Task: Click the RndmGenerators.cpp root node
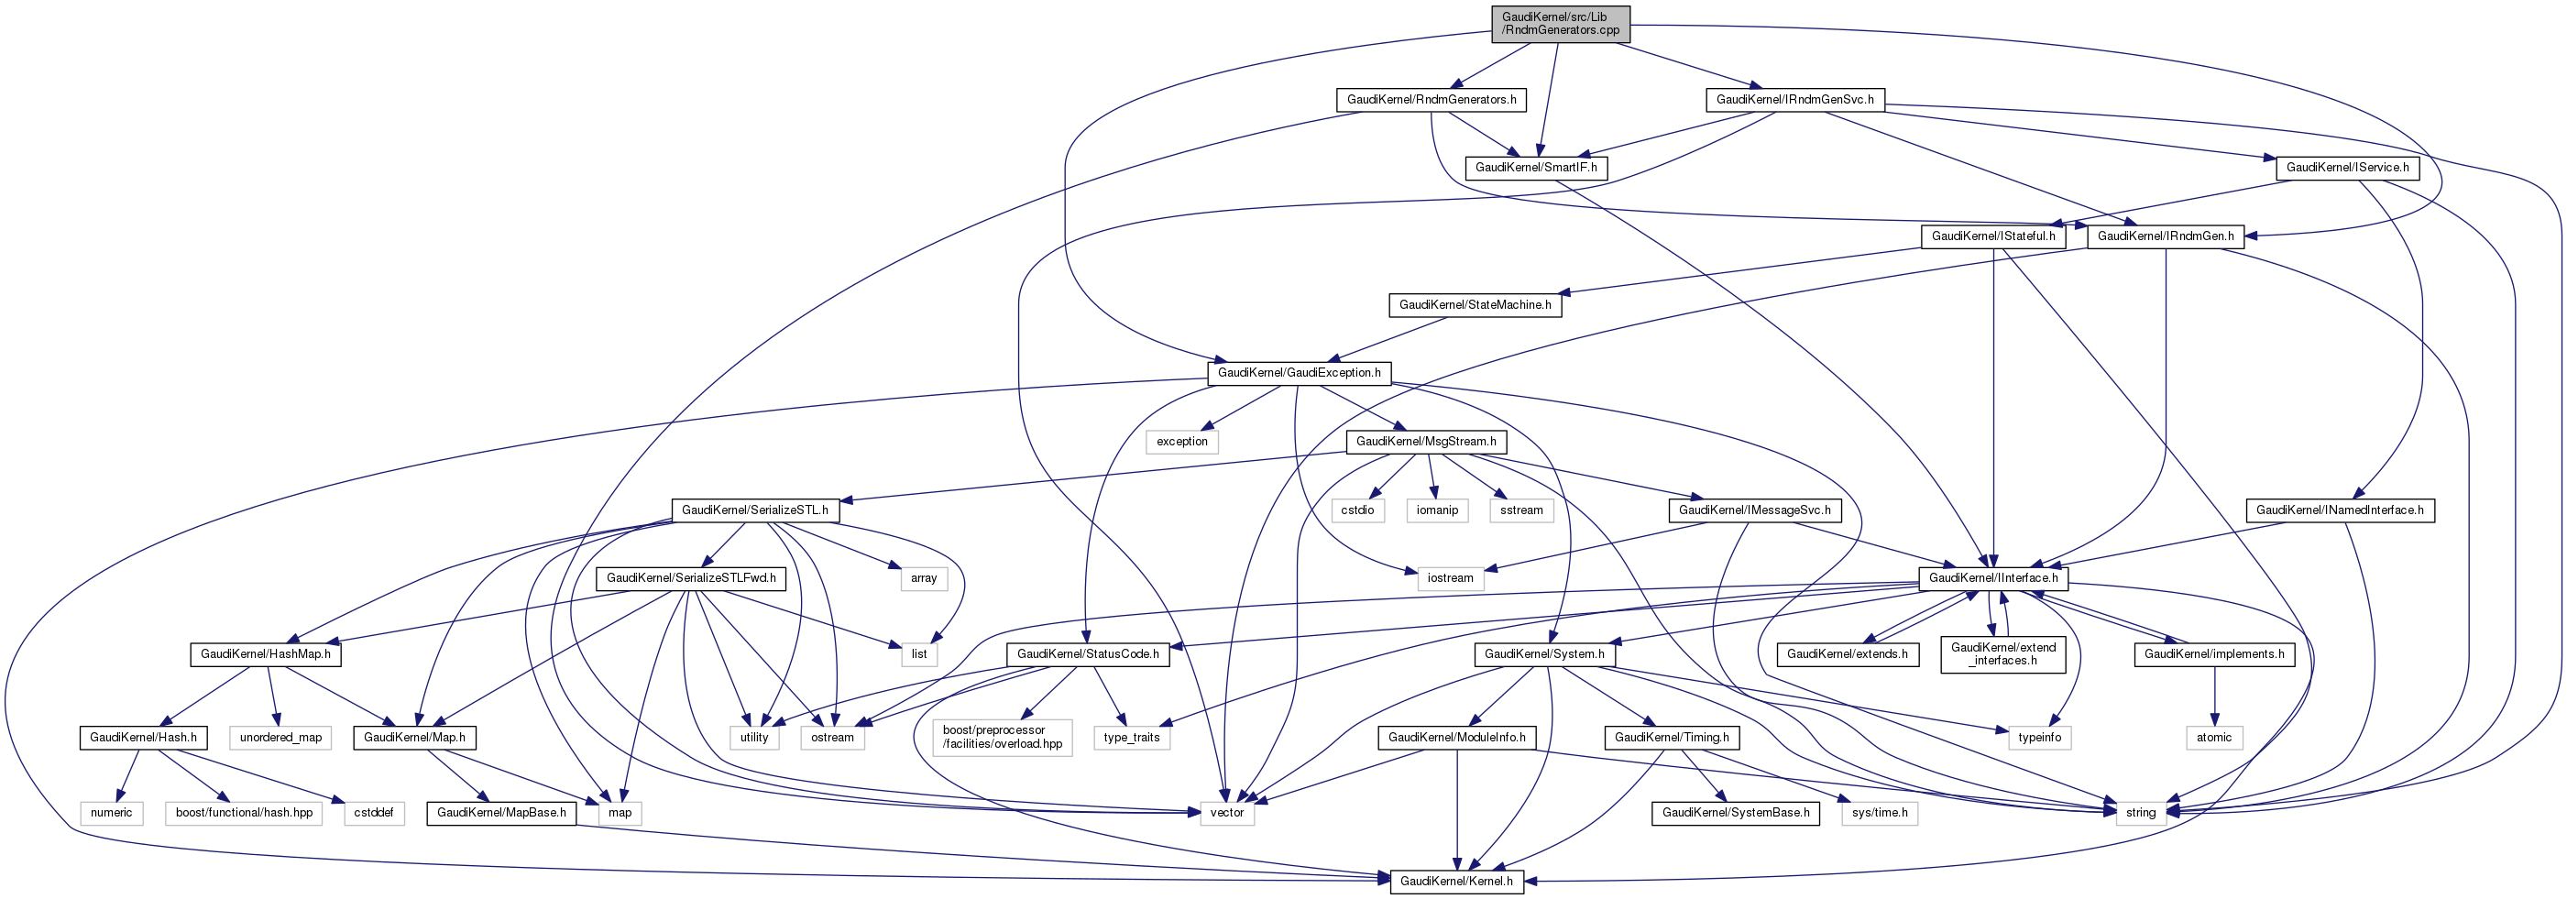tap(1561, 24)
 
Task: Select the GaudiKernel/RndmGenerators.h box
tap(1431, 100)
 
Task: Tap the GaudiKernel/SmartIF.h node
tap(1536, 168)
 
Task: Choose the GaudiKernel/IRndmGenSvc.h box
tap(1794, 100)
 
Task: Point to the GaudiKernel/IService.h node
tap(2347, 168)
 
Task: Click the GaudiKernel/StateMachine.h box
tap(1475, 305)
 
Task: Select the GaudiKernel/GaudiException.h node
tap(1299, 373)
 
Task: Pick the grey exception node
tap(1182, 442)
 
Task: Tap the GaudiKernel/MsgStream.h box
tap(1425, 442)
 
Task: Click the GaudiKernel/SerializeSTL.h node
tap(754, 510)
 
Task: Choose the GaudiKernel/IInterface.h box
tap(1993, 578)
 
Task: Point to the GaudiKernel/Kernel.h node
tap(1456, 881)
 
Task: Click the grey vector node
tap(1227, 813)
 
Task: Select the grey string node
tap(2140, 813)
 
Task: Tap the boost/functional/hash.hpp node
tap(244, 813)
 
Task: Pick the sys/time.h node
tap(1880, 813)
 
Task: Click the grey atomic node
tap(2213, 738)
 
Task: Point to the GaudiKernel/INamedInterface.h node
tap(2339, 510)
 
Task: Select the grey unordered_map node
tap(281, 738)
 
